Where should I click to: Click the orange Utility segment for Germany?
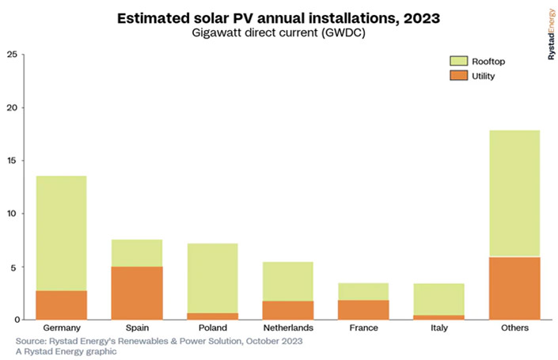61,305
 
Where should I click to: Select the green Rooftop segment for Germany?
61,233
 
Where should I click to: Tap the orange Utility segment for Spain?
137,293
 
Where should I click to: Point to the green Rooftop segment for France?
364,291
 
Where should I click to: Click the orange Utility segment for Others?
514,288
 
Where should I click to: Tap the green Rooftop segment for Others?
514,194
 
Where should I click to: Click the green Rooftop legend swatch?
460,61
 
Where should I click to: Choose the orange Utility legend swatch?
460,76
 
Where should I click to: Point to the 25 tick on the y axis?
11,55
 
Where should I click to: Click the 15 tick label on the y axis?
11,161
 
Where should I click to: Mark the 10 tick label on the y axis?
11,214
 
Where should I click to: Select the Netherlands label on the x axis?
288,328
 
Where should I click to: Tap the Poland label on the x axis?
213,328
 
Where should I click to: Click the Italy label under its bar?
439,328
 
